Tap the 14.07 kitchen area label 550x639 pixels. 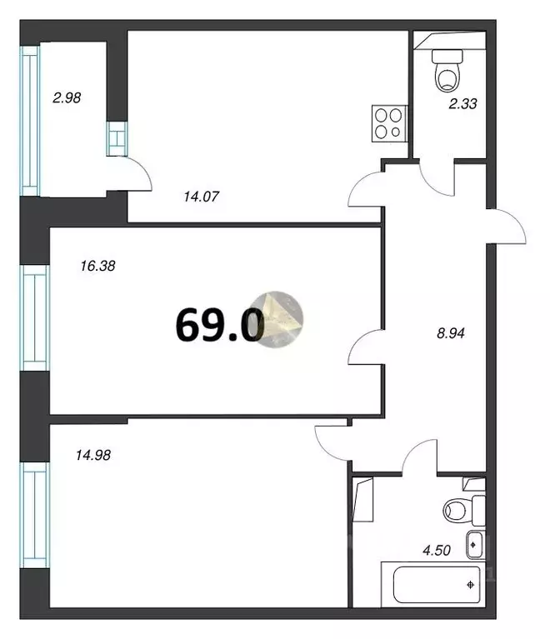200,197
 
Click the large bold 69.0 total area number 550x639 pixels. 218,324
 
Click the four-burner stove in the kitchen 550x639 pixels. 387,124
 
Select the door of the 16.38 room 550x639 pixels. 365,347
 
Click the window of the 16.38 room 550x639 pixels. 35,317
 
